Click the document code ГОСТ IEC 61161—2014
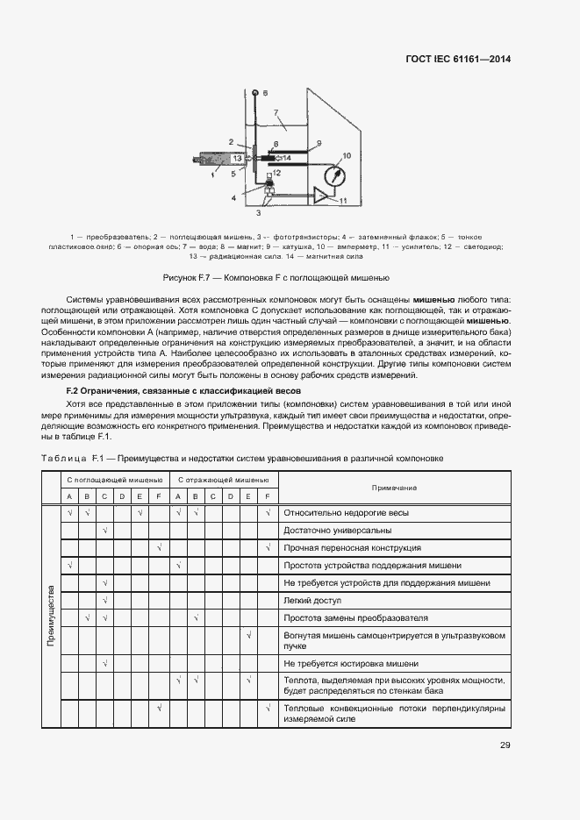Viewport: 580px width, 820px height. coord(457,60)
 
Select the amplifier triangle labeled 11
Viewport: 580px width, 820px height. coord(326,196)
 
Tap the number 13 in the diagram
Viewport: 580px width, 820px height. coord(237,158)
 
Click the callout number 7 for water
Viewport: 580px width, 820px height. coord(275,112)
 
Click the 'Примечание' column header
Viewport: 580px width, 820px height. coord(394,488)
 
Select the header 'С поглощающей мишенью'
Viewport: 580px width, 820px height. coord(113,481)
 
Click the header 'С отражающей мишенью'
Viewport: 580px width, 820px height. coord(223,481)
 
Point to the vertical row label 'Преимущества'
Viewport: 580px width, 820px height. coord(51,616)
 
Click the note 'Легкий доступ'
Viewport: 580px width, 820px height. coord(311,601)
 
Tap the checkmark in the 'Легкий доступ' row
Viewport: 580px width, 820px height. coord(104,601)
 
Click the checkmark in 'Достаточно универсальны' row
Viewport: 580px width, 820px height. coord(104,531)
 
